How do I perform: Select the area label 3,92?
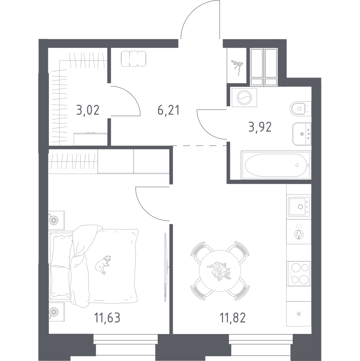[260, 127]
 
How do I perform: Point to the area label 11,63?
[107, 318]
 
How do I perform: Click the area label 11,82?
[233, 318]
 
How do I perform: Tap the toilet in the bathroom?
[299, 108]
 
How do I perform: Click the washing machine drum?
[244, 97]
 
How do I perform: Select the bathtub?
[276, 165]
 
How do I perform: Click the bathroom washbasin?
[302, 134]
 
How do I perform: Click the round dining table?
[220, 271]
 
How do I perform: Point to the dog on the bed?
[103, 264]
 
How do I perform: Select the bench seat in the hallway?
[134, 59]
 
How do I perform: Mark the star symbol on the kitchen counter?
[299, 313]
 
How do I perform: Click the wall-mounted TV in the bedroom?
[165, 267]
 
